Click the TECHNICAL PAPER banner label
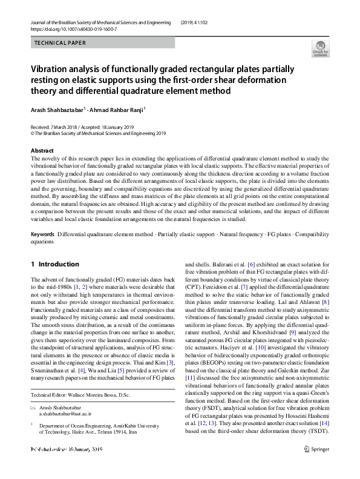click(x=60, y=43)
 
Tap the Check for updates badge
click(x=320, y=48)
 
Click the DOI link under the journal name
click(x=73, y=28)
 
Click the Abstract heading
click(x=42, y=150)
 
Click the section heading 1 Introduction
click(x=54, y=264)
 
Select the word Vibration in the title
click(x=50, y=69)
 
